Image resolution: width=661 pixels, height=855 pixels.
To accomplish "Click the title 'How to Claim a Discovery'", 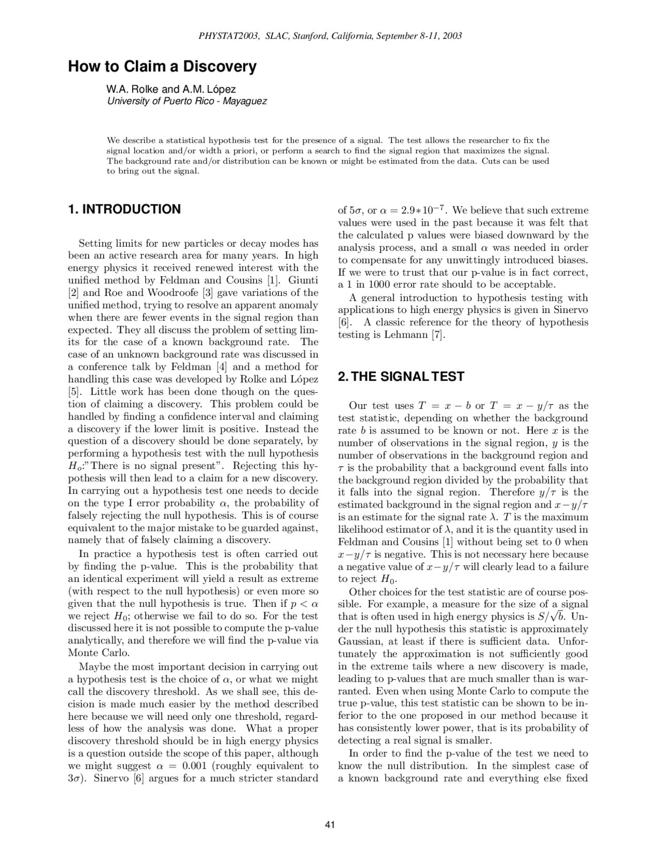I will pos(162,67).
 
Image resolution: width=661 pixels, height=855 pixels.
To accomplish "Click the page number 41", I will pos(330,825).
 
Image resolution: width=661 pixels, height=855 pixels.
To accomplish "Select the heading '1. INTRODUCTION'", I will pos(124,209).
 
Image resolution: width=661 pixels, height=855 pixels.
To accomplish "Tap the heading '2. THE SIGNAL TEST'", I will pos(401,376).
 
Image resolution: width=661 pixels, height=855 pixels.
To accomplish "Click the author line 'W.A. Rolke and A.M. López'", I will pos(171,89).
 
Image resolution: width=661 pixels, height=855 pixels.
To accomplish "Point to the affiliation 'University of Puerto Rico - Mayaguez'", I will pos(187,101).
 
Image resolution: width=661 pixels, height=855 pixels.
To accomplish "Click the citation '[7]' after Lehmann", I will pos(437,335).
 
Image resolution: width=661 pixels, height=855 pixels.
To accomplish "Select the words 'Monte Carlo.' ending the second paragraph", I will pos(91,653).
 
